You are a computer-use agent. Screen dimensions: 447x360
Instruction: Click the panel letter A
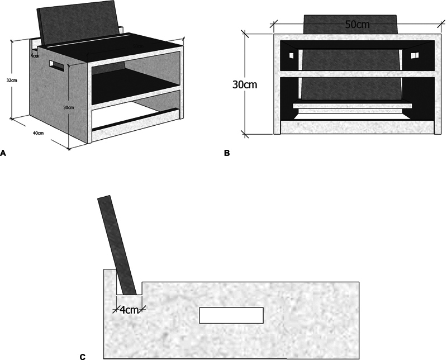pyautogui.click(x=4, y=151)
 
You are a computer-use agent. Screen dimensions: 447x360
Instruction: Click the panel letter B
pyautogui.click(x=227, y=152)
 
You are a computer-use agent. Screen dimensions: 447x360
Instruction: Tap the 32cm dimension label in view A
pyautogui.click(x=11, y=80)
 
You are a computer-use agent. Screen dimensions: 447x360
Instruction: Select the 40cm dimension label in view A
pyautogui.click(x=38, y=133)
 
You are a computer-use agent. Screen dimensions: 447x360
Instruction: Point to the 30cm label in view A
pyautogui.click(x=68, y=107)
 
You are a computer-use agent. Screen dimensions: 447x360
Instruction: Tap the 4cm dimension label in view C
pyautogui.click(x=129, y=309)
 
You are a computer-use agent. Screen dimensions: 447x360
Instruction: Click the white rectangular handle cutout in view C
pyautogui.click(x=231, y=315)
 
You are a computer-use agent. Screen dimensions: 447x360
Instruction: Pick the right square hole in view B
pyautogui.click(x=415, y=54)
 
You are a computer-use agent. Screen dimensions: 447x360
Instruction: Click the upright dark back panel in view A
pyautogui.click(x=78, y=28)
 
